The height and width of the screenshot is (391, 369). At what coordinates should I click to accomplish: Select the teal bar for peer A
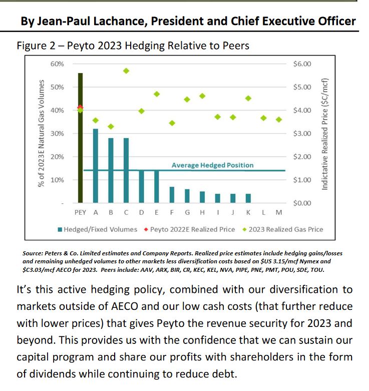point(95,166)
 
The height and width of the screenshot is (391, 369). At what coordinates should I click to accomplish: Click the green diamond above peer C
point(126,71)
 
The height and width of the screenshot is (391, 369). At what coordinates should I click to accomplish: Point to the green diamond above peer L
point(263,118)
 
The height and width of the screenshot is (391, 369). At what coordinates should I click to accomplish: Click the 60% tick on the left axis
point(57,64)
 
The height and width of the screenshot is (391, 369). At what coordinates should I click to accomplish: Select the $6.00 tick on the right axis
point(302,64)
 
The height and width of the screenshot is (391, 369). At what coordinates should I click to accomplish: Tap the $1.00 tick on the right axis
point(302,180)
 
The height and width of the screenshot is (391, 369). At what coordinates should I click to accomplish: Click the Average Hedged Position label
point(212,165)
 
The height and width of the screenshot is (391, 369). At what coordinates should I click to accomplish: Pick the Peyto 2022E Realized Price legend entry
point(190,229)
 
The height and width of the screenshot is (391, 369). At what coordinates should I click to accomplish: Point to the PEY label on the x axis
point(80,213)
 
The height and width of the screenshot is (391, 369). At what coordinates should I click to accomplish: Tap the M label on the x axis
point(279,213)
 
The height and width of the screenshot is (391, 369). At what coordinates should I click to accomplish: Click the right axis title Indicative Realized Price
point(325,134)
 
